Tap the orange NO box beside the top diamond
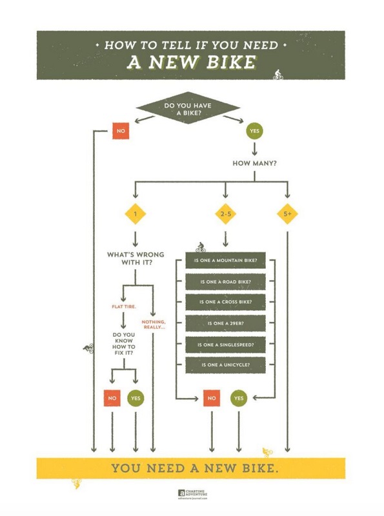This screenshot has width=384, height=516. coord(119,131)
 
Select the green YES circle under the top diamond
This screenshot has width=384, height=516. coord(255,131)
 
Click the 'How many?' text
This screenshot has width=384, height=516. coord(255,163)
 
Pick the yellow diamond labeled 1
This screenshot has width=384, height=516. coord(135,214)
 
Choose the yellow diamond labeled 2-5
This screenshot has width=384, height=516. coord(225,214)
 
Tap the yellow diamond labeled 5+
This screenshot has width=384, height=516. coord(287,214)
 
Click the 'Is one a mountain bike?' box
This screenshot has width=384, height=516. coord(225,261)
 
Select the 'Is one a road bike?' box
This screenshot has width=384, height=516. coord(225,282)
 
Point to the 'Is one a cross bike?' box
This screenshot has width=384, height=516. coord(225,302)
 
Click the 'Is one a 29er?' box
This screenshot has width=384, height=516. coord(225,323)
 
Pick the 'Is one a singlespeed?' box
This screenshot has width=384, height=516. coord(225,344)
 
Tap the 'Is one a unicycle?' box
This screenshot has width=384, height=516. coord(225,364)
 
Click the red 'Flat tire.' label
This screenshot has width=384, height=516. coord(124,306)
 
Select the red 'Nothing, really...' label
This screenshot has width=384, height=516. coord(154,324)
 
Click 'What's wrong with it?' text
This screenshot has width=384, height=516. coord(135,258)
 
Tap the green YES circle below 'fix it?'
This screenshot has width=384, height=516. coord(136,399)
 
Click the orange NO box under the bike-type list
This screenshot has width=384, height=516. coord(212,399)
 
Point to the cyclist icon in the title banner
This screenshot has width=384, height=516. coord(278,74)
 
